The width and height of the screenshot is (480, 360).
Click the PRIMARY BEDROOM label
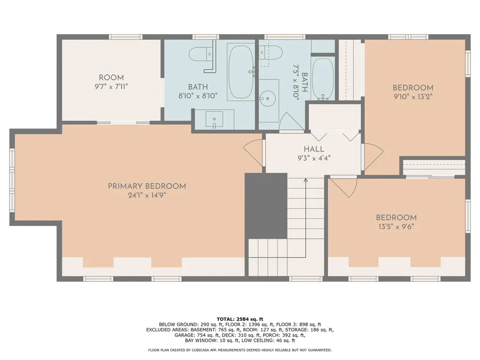click(147, 186)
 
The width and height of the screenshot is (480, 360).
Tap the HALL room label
click(314, 149)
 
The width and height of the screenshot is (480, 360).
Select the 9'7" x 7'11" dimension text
click(111, 87)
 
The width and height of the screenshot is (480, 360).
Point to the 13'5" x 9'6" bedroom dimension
click(396, 227)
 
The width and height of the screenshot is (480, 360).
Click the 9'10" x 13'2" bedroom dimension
click(413, 97)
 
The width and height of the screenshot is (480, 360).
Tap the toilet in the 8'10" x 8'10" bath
click(201, 54)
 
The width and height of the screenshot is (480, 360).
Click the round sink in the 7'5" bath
click(268, 98)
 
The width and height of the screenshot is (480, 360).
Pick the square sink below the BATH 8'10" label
click(214, 119)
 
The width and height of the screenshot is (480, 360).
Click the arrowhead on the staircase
click(306, 180)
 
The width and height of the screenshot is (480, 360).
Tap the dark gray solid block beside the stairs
click(266, 206)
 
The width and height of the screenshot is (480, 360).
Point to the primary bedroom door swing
click(253, 153)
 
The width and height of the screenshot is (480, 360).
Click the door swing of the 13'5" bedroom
click(344, 187)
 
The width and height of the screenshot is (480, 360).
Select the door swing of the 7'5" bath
click(291, 121)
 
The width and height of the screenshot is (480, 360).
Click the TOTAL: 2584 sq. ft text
click(240, 319)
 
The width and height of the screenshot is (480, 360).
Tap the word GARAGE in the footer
click(184, 335)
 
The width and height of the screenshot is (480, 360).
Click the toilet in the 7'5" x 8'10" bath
click(270, 52)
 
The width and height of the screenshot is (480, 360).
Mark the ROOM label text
click(111, 78)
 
